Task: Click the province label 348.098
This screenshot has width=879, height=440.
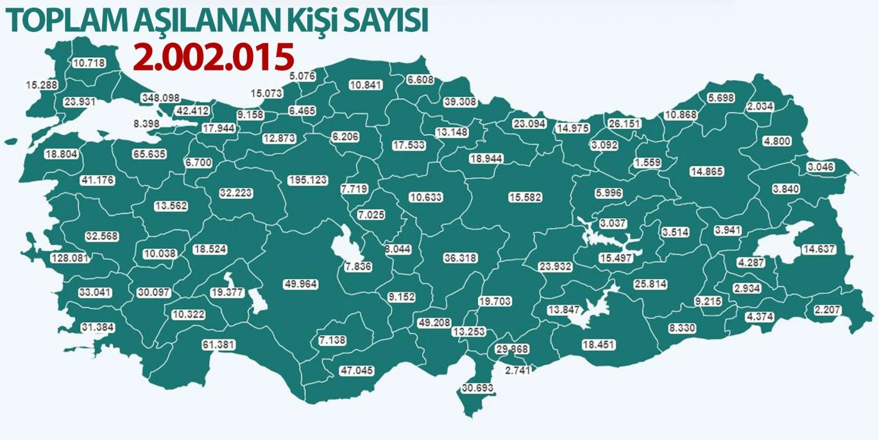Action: [x=160, y=97]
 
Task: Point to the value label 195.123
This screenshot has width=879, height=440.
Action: [x=308, y=180]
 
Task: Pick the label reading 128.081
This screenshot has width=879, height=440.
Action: [x=70, y=258]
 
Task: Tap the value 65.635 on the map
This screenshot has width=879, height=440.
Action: [x=149, y=154]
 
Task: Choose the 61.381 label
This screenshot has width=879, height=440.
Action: [x=219, y=345]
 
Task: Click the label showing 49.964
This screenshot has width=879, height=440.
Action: [x=301, y=284]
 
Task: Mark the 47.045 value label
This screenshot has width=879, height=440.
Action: [x=357, y=370]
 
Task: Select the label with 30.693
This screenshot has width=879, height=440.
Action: [x=477, y=388]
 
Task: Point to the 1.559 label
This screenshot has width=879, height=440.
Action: [x=647, y=163]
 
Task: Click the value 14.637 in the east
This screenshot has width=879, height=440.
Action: [x=818, y=249]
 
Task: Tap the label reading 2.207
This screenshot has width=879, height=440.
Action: [x=827, y=310]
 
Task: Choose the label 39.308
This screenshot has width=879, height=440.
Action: [x=460, y=102]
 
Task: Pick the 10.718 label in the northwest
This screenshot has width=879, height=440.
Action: [x=88, y=63]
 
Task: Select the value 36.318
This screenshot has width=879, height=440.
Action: [x=460, y=257]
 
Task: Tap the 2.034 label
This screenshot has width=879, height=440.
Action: [x=760, y=106]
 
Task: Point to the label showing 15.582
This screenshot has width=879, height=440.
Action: [x=525, y=197]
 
